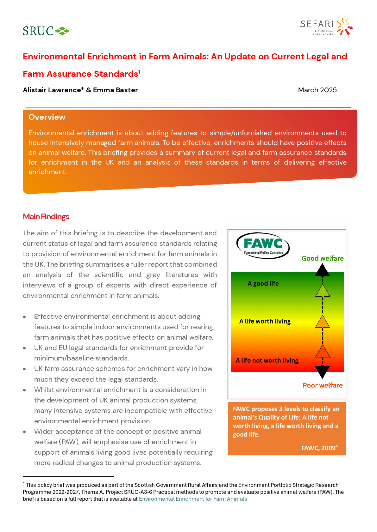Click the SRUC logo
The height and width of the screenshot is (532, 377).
[46, 31]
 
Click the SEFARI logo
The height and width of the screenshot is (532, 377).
[326, 27]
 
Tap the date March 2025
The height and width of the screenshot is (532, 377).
[317, 90]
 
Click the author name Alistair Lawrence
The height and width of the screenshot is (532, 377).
[53, 90]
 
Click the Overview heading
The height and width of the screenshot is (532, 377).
[47, 117]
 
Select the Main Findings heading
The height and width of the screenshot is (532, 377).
[46, 217]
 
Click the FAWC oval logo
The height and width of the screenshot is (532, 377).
[263, 245]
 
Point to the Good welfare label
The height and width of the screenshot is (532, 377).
[322, 258]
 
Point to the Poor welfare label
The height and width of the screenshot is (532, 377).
[322, 385]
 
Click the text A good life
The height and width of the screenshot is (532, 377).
[263, 283]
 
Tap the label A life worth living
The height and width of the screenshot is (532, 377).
[265, 321]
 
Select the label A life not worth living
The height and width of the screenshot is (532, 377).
[267, 360]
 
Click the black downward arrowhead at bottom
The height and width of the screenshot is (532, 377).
[322, 372]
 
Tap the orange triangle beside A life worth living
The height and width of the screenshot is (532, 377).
[323, 322]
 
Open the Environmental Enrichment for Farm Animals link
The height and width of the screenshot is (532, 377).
[193, 499]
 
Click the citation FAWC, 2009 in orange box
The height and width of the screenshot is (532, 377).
[319, 448]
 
